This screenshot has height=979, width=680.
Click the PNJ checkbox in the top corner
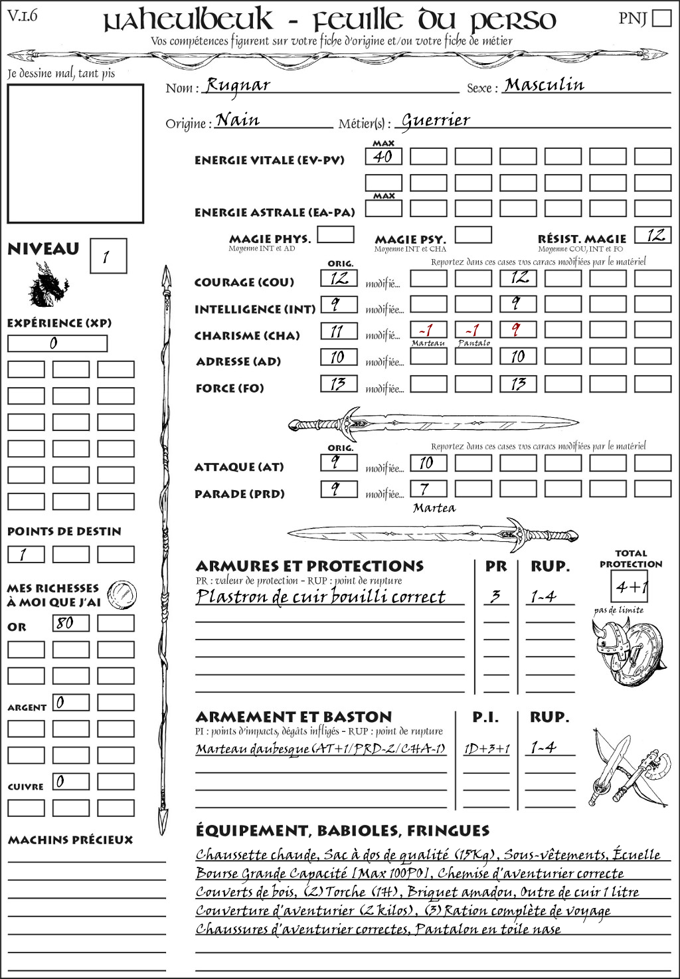coord(661,17)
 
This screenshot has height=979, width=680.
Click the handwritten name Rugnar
coord(238,85)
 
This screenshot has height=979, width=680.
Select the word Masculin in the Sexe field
coord(544,85)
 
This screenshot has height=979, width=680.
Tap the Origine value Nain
coord(238,120)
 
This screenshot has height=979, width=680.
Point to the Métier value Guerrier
coord(436,120)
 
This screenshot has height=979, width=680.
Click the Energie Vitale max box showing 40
coord(383,157)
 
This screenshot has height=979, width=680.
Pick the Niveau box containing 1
coord(108,256)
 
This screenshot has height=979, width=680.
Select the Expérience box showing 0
coord(57,343)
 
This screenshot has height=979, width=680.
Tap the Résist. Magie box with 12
coord(653,235)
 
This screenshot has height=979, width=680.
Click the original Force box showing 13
coord(339,384)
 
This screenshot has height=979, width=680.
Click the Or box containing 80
coord(70,623)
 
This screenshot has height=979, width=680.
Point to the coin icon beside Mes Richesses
coord(122,594)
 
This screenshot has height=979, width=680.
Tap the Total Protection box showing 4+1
coord(630,586)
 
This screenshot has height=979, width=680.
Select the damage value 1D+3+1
coord(487,749)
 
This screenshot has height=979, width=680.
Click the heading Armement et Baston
coord(294,717)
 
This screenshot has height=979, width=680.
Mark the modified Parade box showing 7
coord(428,489)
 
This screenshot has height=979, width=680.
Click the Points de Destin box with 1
coord(26,554)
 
